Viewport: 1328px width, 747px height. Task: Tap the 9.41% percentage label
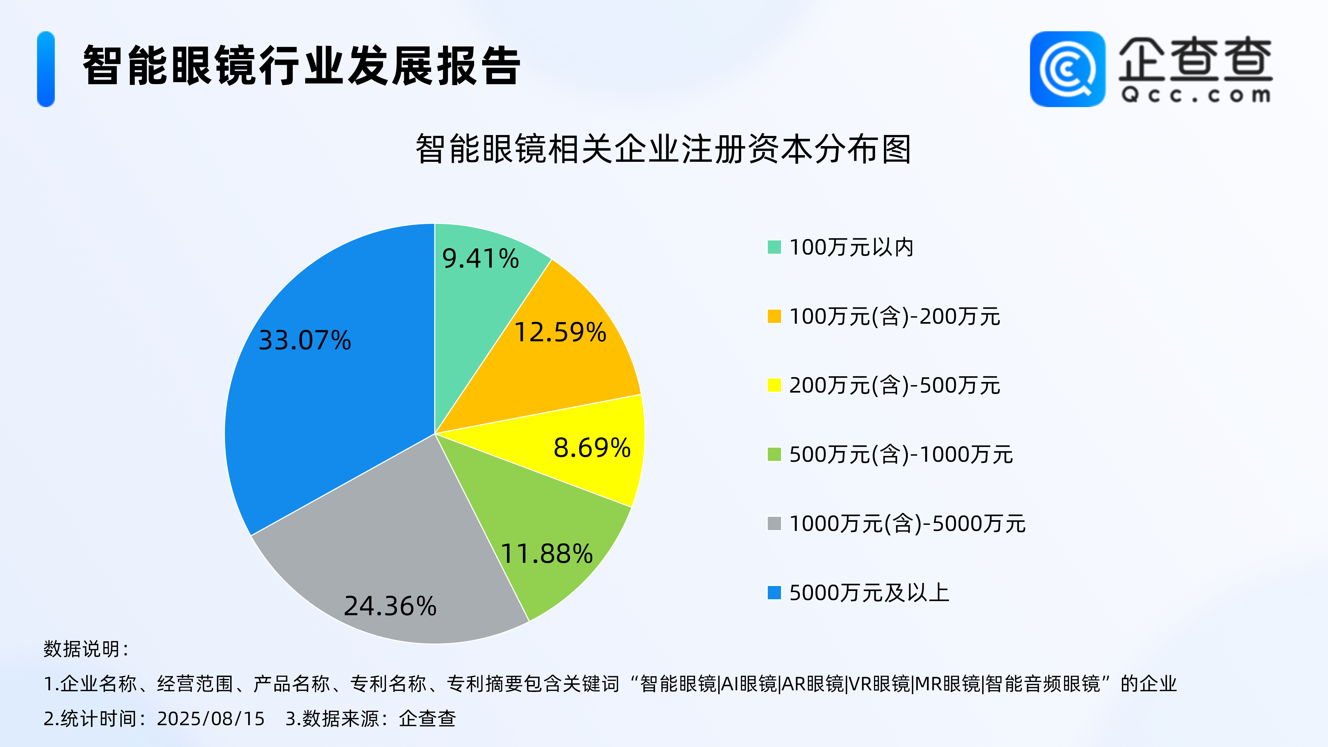pyautogui.click(x=481, y=258)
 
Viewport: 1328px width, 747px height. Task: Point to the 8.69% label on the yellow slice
pyautogui.click(x=592, y=447)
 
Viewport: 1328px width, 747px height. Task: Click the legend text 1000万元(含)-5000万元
pyautogui.click(x=907, y=523)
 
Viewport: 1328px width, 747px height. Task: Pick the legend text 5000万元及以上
pyautogui.click(x=869, y=592)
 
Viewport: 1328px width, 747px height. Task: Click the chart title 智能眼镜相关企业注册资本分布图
pyautogui.click(x=663, y=149)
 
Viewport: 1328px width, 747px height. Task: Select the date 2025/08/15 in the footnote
pyautogui.click(x=210, y=718)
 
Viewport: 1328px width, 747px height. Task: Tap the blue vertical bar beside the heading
pyautogui.click(x=46, y=69)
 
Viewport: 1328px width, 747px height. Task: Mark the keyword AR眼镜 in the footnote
pyautogui.click(x=812, y=684)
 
